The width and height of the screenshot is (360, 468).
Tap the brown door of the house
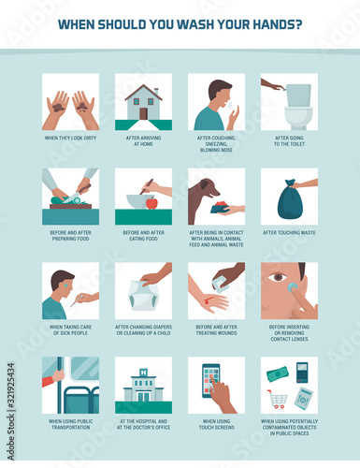pyautogui.click(x=143, y=113)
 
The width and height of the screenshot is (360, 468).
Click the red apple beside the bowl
pyautogui.click(x=151, y=202)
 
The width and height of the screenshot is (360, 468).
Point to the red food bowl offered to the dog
pyautogui.click(x=220, y=207)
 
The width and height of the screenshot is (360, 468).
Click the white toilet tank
pyautogui.click(x=298, y=95)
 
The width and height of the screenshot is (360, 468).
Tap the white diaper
pyautogui.click(x=144, y=296)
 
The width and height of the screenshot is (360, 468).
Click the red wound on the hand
pyautogui.click(x=207, y=300)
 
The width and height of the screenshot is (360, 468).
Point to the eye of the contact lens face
pyautogui.click(x=278, y=277)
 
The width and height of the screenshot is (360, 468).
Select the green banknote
pyautogui.click(x=278, y=373)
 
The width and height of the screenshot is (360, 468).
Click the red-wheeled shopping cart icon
pyautogui.click(x=277, y=399)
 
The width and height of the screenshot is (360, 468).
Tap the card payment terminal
pyautogui.click(x=302, y=373)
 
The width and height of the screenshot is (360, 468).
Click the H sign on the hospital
pyautogui.click(x=143, y=372)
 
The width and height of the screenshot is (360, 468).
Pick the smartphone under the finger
pyautogui.click(x=211, y=381)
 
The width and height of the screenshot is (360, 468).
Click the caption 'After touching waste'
pyautogui.click(x=289, y=233)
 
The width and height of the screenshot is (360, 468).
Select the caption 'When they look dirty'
pyautogui.click(x=71, y=138)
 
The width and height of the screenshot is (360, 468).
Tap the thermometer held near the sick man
pyautogui.click(x=77, y=300)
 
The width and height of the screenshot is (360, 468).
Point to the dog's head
pyautogui.click(x=208, y=188)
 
